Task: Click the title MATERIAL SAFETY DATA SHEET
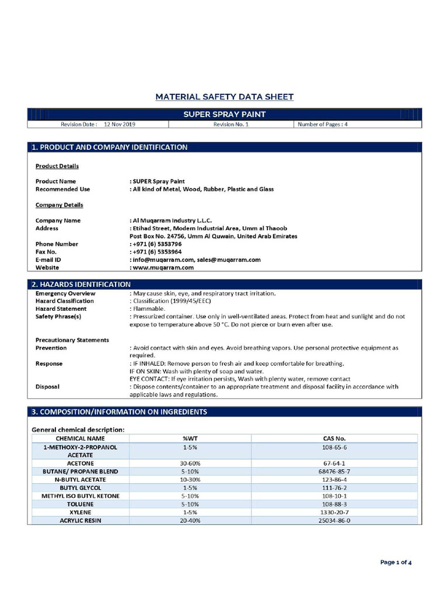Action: click(x=224, y=97)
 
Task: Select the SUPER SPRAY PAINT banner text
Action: click(x=224, y=114)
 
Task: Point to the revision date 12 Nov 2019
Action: click(x=120, y=124)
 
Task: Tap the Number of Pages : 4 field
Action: click(x=323, y=124)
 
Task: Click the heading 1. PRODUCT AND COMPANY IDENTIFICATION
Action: click(x=110, y=148)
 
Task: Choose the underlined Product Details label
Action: click(x=57, y=166)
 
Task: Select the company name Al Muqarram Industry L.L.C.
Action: click(x=171, y=220)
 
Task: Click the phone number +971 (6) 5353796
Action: click(x=153, y=244)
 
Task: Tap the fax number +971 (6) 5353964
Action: click(x=153, y=252)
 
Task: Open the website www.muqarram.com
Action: click(x=163, y=268)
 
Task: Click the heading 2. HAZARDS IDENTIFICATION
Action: click(x=81, y=284)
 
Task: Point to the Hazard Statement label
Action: click(x=61, y=308)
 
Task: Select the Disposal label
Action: click(x=47, y=386)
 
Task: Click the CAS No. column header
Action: click(x=334, y=438)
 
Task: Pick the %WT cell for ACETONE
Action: click(x=190, y=463)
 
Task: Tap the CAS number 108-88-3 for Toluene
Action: click(x=334, y=504)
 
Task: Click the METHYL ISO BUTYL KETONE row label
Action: click(x=80, y=496)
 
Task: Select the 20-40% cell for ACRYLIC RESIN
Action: click(x=190, y=520)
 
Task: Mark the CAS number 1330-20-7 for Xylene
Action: click(x=334, y=512)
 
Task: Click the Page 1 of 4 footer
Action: click(x=396, y=563)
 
